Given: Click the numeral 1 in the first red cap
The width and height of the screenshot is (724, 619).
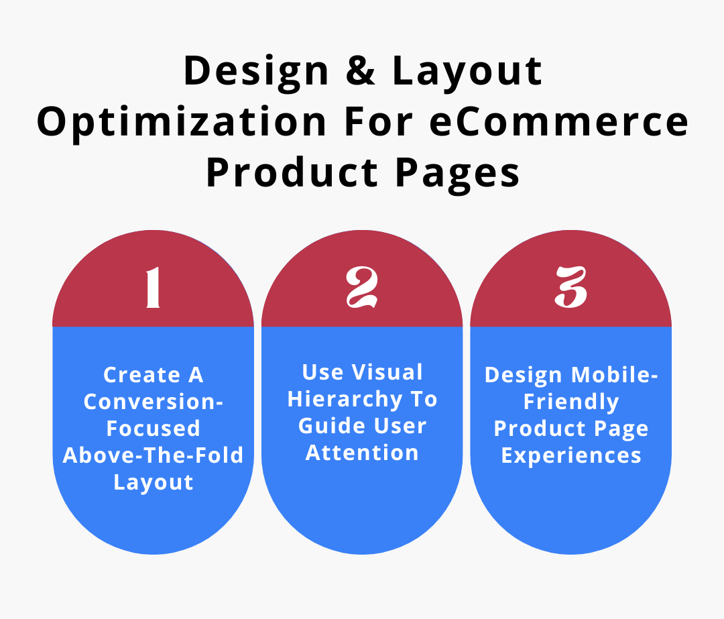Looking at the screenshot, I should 154,288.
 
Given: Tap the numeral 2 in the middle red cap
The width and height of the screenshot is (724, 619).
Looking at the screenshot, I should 362,288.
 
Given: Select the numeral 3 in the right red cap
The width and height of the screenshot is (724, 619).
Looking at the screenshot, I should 570,288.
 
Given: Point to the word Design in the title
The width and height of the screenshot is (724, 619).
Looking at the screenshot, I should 254,72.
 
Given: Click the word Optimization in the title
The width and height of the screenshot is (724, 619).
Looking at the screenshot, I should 181,123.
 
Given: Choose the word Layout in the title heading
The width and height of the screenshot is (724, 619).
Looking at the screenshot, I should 467,72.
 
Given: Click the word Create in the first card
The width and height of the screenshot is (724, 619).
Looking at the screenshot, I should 133,375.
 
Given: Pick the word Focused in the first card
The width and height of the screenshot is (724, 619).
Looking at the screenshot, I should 154,429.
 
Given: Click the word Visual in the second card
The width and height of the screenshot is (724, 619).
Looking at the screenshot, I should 388,372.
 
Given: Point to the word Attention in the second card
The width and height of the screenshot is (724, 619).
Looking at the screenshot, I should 362,453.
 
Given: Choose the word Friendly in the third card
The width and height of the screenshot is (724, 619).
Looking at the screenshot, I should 571,402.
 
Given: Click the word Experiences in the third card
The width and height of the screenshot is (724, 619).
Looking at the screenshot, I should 571,456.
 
